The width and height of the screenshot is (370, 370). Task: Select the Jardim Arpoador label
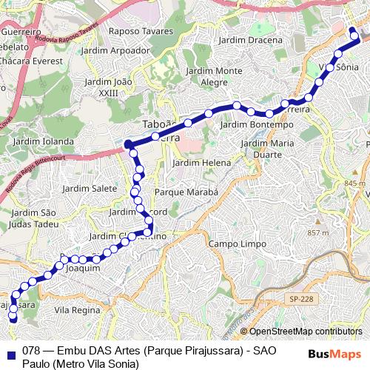pos(116,50)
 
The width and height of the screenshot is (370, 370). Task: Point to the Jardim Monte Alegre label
pos(215,76)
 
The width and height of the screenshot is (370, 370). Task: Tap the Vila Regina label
pos(78,310)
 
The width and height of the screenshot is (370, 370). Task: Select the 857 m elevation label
pos(317,232)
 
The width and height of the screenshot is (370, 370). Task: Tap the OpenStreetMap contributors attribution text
pos(305,332)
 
